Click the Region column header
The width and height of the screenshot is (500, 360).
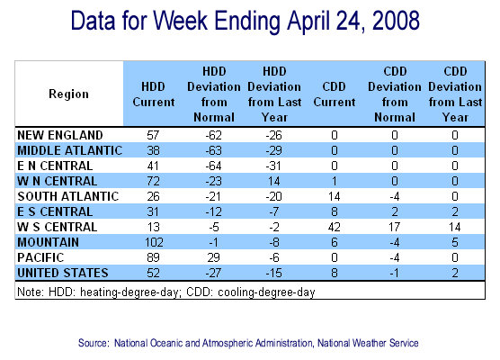coord(68,94)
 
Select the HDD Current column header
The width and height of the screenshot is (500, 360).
coord(154,94)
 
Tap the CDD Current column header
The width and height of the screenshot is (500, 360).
coord(335,94)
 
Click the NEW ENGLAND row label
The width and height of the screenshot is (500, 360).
coord(60,135)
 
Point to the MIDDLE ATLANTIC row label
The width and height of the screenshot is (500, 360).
coord(70,150)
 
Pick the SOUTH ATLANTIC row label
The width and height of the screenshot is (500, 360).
coord(68,196)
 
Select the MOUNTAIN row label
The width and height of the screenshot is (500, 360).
coord(49,243)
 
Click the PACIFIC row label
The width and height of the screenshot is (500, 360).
coord(40,258)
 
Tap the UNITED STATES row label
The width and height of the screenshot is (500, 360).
coord(63,274)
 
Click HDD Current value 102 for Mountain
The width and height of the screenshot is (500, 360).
coord(154,243)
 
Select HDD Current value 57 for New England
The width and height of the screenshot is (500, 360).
coord(153,135)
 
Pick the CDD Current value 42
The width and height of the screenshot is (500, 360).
coord(335,227)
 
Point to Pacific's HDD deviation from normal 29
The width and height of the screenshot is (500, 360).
coord(213,258)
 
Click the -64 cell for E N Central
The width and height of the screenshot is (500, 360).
coord(213,166)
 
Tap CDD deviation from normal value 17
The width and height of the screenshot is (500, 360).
coord(395,227)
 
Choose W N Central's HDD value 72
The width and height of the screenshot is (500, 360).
coord(153,181)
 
